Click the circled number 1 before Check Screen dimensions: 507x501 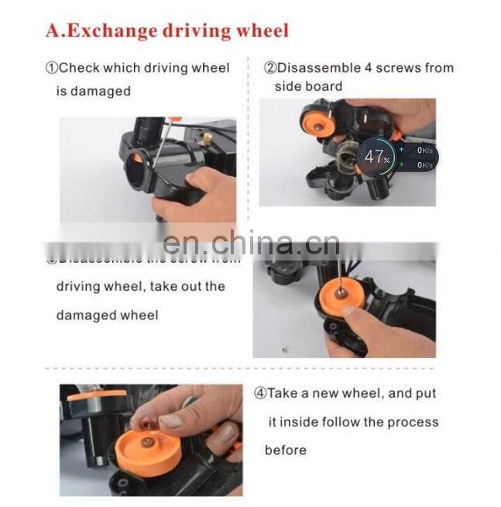tap(52, 68)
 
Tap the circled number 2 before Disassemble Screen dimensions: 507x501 tap(269, 67)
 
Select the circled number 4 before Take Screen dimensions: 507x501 tap(260, 394)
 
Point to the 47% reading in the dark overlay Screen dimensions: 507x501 tap(376, 157)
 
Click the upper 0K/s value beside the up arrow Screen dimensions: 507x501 tap(424, 150)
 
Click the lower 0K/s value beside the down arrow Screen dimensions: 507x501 tap(424, 164)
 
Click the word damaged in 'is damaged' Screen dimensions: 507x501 tap(100, 91)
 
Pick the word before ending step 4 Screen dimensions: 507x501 tap(286, 450)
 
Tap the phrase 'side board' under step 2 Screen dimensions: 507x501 tap(308, 86)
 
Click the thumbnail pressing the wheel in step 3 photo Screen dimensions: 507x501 tap(351, 311)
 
